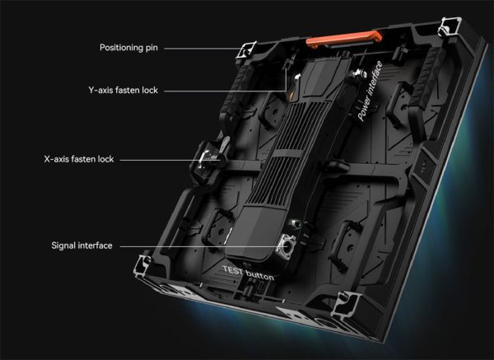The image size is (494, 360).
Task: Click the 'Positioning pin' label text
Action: pos(128,48)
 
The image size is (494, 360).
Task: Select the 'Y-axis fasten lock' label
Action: pos(123,90)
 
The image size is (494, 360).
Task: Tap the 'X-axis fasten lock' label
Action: pos(79,159)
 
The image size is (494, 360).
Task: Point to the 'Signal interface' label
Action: pos(82,245)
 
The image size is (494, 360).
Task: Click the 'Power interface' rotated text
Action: pos(370,91)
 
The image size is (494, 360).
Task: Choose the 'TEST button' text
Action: pos(249,273)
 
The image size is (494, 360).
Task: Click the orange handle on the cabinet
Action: pos(344,39)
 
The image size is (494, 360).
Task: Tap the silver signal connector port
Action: pos(286,246)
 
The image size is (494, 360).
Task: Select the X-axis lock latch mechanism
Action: pos(209,159)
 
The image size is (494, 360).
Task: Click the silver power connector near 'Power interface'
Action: pos(357,75)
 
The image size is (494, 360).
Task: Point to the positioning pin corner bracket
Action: pos(246,49)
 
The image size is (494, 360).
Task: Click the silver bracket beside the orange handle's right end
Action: pos(450,26)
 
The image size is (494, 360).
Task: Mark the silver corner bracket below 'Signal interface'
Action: pos(143,264)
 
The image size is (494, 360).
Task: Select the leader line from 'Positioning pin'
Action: pos(203,49)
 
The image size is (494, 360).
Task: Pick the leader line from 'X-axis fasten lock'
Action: pos(170,160)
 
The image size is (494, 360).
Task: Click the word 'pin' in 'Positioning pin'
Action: pos(151,48)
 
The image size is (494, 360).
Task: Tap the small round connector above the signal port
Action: pos(296,223)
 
